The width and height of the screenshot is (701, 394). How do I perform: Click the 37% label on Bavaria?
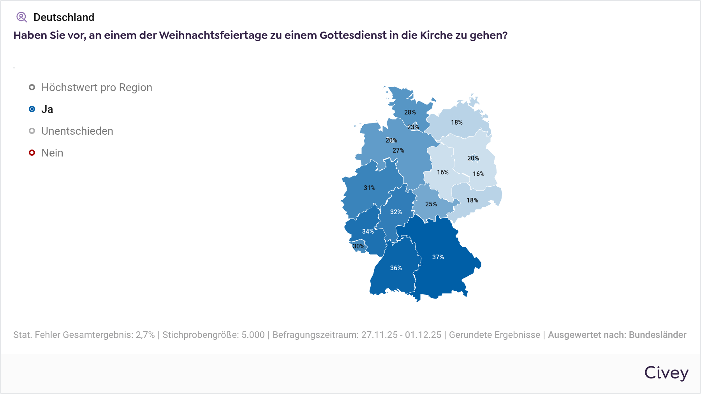(438, 257)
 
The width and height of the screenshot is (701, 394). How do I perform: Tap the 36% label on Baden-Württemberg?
(396, 268)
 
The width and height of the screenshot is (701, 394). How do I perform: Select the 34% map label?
(368, 231)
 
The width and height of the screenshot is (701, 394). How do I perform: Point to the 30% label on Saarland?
(358, 246)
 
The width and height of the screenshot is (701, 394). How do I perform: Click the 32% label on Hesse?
(396, 212)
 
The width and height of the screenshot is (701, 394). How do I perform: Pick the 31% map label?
(369, 188)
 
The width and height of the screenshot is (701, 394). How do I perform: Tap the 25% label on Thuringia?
(431, 204)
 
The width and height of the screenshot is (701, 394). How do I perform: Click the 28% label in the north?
(410, 112)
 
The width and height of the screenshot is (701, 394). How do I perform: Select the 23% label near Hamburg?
(413, 127)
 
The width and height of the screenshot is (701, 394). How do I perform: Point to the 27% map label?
(398, 150)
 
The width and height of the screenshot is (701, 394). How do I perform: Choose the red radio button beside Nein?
(32, 153)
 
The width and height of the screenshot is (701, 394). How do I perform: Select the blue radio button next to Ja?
(32, 109)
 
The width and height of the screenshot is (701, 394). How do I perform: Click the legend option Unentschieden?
(77, 131)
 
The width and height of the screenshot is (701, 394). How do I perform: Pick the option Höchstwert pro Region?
(97, 87)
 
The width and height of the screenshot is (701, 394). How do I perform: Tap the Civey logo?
(666, 373)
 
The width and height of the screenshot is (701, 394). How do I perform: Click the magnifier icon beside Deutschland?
(21, 17)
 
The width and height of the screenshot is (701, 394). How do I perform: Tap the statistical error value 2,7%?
(145, 335)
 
